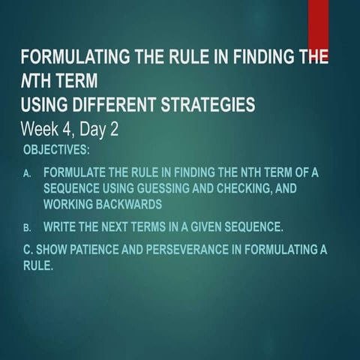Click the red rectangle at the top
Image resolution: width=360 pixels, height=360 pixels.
click(318, 22)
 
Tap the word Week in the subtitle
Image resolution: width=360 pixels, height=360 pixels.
click(43, 129)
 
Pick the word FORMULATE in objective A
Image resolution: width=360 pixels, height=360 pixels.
click(75, 172)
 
